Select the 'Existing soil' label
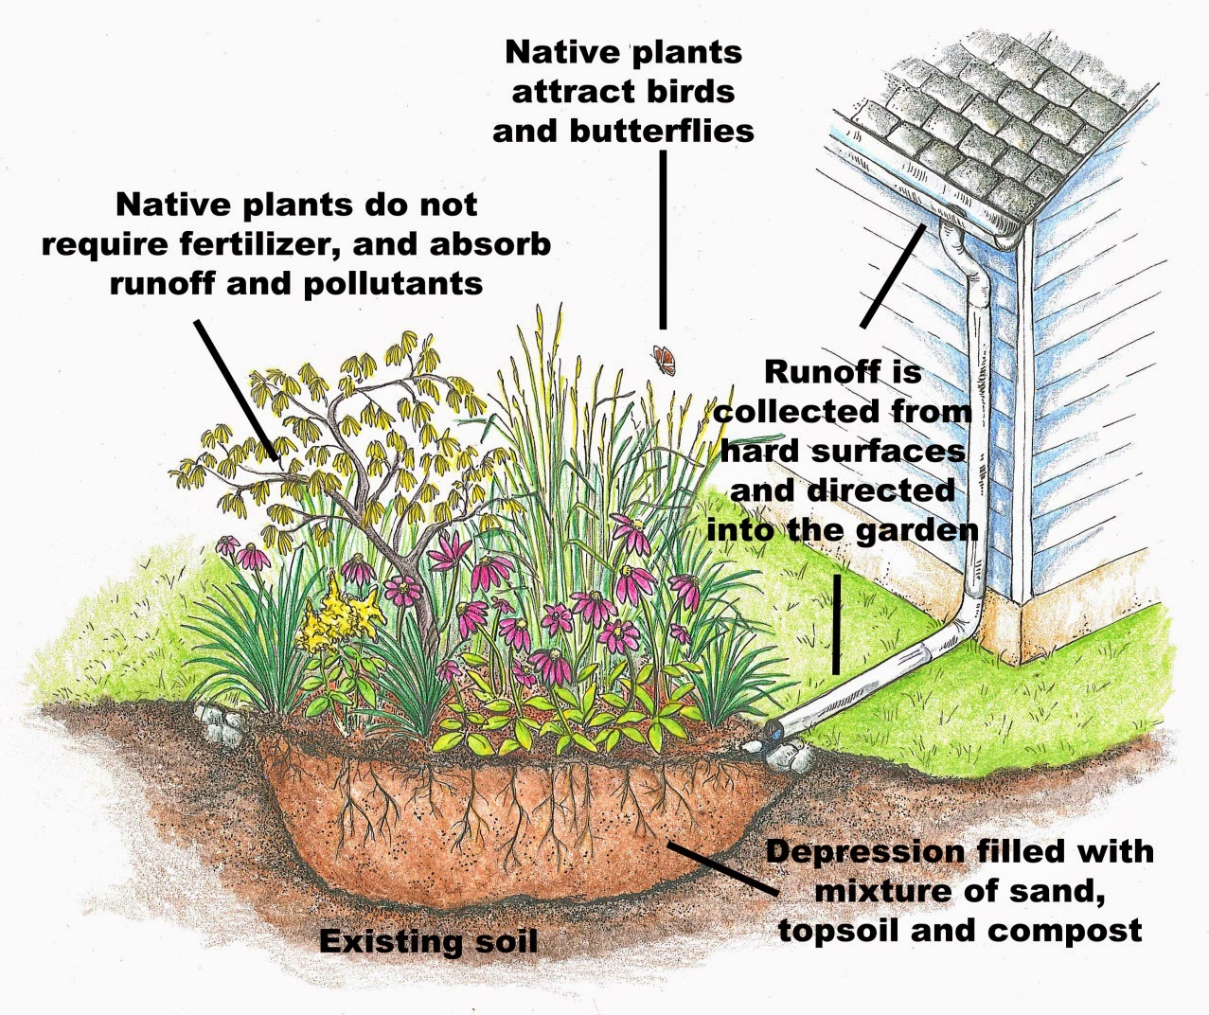point(428,942)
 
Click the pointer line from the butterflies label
point(663,237)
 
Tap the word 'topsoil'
point(840,931)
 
